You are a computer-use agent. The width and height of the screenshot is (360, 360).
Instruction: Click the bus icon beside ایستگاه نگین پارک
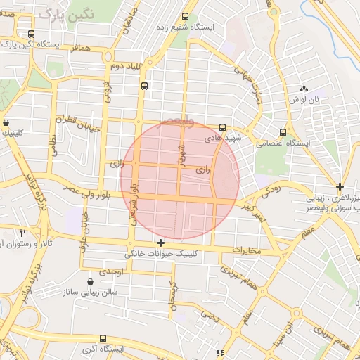(x=30, y=34)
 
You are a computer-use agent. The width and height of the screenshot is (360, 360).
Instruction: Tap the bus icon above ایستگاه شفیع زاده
(x=185, y=17)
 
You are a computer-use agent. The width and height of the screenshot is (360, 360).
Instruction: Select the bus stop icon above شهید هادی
(x=222, y=127)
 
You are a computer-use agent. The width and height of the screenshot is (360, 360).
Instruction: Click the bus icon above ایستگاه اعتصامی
(x=283, y=131)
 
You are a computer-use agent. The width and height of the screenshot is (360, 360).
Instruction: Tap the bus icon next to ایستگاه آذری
(x=103, y=339)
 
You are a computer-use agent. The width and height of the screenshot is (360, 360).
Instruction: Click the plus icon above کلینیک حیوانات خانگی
(x=161, y=243)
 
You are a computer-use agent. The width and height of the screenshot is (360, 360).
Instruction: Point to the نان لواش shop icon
(x=304, y=89)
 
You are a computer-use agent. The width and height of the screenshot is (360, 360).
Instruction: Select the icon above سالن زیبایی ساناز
(x=90, y=281)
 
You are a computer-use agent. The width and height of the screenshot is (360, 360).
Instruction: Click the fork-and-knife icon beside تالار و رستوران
(x=22, y=233)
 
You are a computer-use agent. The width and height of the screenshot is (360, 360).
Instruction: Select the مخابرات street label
(x=246, y=251)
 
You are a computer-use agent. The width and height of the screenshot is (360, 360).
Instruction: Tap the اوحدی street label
(x=110, y=271)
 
